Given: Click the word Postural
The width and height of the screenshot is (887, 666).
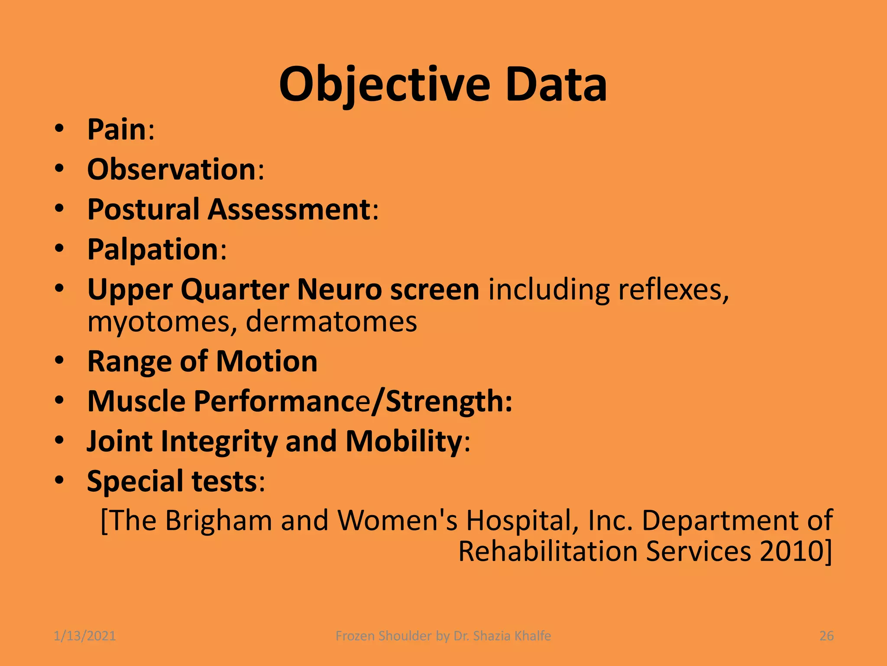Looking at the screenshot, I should click(143, 209).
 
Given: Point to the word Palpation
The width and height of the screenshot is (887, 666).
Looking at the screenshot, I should click(153, 249).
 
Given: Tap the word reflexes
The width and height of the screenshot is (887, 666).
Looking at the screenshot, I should click(673, 289).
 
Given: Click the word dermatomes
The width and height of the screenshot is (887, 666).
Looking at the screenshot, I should click(331, 321).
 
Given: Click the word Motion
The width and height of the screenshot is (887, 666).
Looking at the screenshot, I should click(267, 361).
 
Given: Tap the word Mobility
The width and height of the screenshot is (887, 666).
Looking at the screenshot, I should click(404, 441).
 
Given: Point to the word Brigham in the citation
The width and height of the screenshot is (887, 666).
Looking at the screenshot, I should click(218, 520).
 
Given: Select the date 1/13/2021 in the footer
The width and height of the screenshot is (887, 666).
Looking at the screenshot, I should click(85, 636).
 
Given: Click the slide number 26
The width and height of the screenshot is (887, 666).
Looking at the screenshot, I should click(826, 636).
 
